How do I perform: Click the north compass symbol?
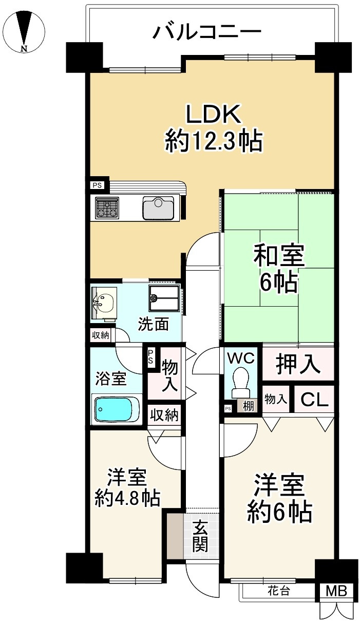coord(25,31)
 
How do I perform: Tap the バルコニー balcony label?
coord(207,31)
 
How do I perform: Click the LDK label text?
coord(213,114)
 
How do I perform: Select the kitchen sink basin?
coord(158,208)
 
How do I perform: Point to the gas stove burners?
coord(107,208)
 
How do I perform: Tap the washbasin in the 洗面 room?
coord(104,304)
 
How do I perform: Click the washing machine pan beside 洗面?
coord(164,298)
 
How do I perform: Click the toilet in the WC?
coord(241,383)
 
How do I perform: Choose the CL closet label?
coord(314,400)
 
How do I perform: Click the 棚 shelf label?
coord(248,406)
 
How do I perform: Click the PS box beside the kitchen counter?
coord(97,185)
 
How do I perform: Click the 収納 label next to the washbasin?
coord(101,335)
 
